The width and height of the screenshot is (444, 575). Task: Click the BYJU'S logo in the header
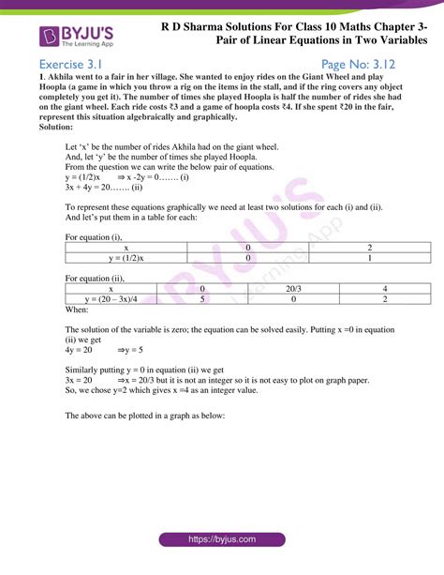[76, 38]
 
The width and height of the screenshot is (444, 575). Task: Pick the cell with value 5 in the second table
[203, 298]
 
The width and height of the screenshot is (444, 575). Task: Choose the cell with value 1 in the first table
[371, 257]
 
